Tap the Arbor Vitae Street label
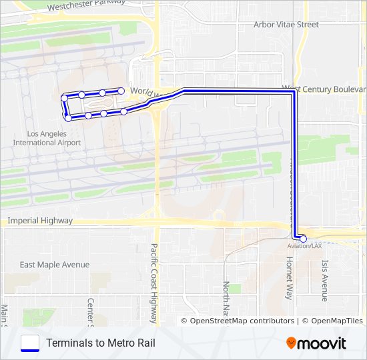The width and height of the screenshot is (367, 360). (x=286, y=25)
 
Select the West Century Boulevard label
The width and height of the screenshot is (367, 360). (x=324, y=88)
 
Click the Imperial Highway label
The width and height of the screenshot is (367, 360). (x=39, y=221)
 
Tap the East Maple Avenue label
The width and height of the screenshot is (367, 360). (x=55, y=265)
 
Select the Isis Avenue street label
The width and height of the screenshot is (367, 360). (x=325, y=281)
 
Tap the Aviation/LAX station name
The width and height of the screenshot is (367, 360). (x=304, y=246)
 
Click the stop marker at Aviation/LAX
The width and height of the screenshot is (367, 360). (x=303, y=239)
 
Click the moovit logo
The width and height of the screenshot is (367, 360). (x=316, y=343)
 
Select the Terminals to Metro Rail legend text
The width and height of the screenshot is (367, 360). (x=101, y=343)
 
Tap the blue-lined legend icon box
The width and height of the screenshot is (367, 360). (x=30, y=343)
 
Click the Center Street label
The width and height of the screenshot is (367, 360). (x=91, y=312)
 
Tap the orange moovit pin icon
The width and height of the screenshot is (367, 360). (x=292, y=343)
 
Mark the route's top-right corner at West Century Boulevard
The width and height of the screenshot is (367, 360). (x=293, y=93)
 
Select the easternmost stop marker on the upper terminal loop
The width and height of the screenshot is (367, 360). (x=121, y=90)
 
